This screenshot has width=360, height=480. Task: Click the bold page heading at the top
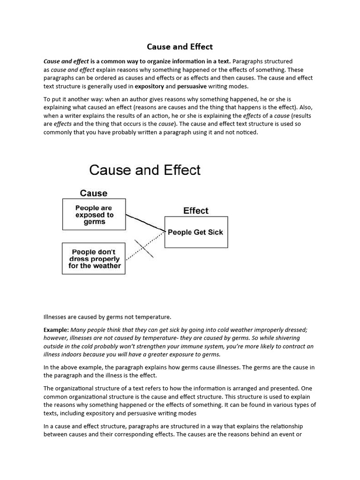pos(180,46)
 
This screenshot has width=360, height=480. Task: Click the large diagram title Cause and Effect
pos(145,170)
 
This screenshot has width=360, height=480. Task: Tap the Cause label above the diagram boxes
pos(93,193)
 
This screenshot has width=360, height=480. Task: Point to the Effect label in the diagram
pos(195,210)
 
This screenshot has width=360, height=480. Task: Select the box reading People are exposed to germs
pos(94,215)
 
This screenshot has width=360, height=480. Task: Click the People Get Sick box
pos(195,232)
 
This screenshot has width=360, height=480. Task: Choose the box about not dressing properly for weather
pos(94,259)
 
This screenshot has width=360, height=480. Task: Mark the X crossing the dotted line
pos(144,248)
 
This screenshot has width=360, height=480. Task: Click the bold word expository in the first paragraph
pos(149,86)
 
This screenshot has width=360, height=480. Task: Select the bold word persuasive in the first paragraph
pos(192,86)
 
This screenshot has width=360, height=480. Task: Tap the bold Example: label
pos(56,330)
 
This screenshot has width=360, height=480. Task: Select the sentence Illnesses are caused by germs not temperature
pos(107,317)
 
